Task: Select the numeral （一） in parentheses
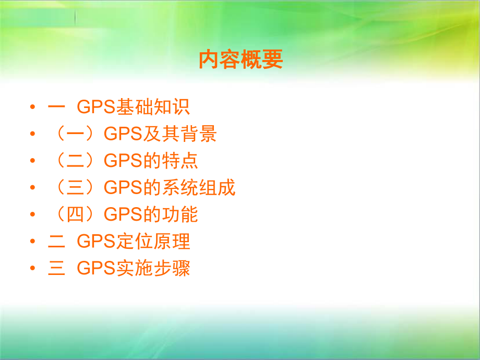(x=76, y=135)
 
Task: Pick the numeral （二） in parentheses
(x=76, y=161)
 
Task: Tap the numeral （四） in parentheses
(x=76, y=215)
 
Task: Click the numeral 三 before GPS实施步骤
(x=55, y=269)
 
